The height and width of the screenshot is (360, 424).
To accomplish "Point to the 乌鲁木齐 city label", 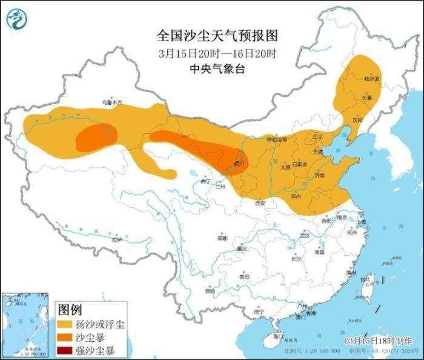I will (111, 102).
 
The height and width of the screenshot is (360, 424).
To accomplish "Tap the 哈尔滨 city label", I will (371, 79).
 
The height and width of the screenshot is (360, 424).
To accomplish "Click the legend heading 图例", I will (69, 310).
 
